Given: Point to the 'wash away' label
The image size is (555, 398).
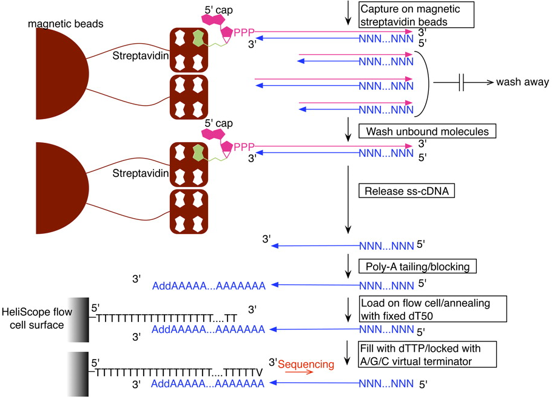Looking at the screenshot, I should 522,82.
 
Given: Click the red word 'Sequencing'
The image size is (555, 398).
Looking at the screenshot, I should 306,365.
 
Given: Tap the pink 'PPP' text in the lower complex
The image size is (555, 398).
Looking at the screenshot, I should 244,146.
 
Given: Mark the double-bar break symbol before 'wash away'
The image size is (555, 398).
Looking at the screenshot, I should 463,82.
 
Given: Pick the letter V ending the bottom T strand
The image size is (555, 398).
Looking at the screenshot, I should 259,371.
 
